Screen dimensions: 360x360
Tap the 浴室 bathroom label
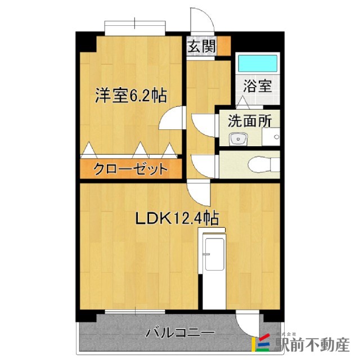[x=258, y=86]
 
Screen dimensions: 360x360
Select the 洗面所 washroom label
[x=249, y=120]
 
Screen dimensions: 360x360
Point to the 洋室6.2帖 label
[x=130, y=96]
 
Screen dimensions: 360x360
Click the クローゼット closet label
[x=130, y=168]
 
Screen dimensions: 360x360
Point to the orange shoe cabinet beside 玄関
[x=223, y=46]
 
